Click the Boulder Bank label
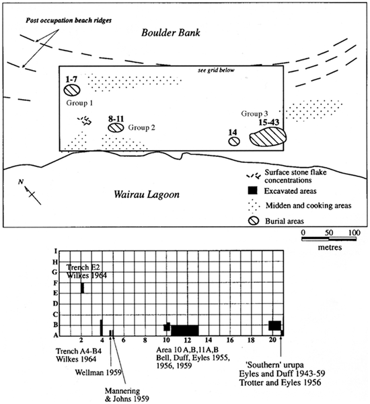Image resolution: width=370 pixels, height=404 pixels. pos(170,33)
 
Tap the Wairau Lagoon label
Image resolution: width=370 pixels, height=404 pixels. pos(147,195)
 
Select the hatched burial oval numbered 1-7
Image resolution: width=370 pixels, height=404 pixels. pos(72,90)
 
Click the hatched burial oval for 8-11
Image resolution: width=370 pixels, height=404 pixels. pos(116,127)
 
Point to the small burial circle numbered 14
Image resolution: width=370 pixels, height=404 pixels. pos(234,141)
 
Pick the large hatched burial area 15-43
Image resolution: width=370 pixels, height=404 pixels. pos(268,137)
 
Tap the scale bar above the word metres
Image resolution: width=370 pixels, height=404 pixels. pos(329,239)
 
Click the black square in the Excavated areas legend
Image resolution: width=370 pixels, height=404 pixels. pos(252,191)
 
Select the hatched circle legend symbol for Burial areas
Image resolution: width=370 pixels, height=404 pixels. pos(254,221)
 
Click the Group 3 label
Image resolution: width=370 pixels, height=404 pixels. pos(254,114)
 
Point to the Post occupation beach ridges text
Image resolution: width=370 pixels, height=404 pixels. pos(69,20)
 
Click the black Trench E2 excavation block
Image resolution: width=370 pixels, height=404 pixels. pos(82,288)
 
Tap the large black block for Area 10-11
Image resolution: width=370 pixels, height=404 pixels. pos(185,331)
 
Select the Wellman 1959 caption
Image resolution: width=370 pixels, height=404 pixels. pos(98,372)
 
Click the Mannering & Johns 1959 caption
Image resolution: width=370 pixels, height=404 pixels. pos(127,395)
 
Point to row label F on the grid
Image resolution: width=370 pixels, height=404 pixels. pos(55,283)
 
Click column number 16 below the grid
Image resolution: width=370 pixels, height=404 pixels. pos(230,340)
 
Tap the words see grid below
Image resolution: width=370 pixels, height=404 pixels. pos(216,70)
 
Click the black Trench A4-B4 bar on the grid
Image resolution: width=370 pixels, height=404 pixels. pos(101,328)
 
